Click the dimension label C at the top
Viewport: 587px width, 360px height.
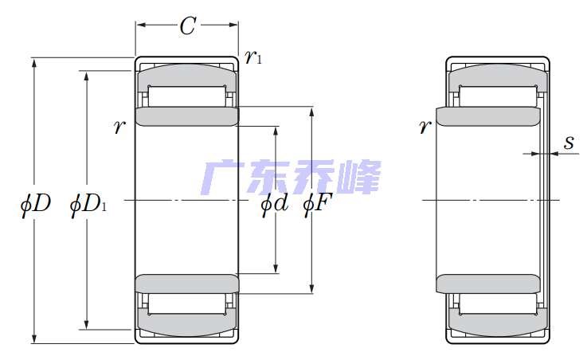(187, 25)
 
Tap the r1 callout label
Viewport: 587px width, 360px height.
(253, 57)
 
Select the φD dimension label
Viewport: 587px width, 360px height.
(36, 204)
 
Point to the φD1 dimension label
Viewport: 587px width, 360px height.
(88, 205)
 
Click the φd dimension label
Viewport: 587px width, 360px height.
(275, 205)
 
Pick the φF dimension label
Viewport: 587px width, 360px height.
(318, 205)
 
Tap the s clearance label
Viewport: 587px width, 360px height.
(569, 143)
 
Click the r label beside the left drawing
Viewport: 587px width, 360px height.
(119, 127)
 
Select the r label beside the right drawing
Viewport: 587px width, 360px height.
(425, 127)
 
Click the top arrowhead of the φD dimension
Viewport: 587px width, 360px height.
(34, 62)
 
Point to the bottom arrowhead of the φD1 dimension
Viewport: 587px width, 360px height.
(87, 325)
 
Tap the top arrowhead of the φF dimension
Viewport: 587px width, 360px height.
(312, 112)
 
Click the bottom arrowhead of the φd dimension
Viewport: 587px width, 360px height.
(276, 268)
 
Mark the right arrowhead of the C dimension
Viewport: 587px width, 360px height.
(233, 25)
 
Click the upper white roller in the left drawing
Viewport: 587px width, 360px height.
(187, 96)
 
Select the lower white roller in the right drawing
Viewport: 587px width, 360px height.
(498, 304)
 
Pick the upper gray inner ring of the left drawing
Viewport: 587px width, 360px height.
(187, 116)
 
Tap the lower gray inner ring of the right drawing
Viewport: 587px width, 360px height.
(488, 284)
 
